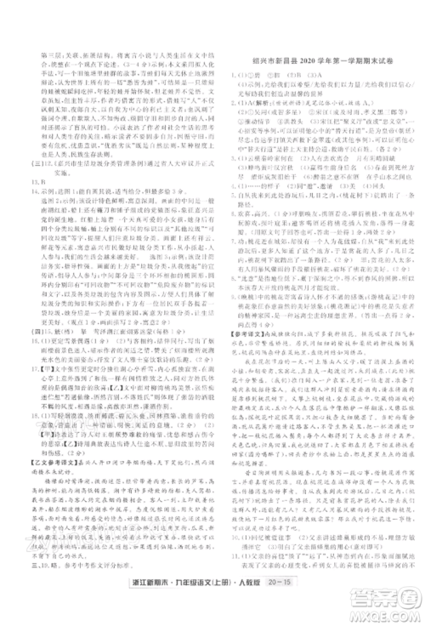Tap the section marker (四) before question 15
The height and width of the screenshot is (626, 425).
pyautogui.click(x=25, y=321)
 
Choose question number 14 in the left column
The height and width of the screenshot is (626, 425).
pyautogui.click(x=25, y=192)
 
